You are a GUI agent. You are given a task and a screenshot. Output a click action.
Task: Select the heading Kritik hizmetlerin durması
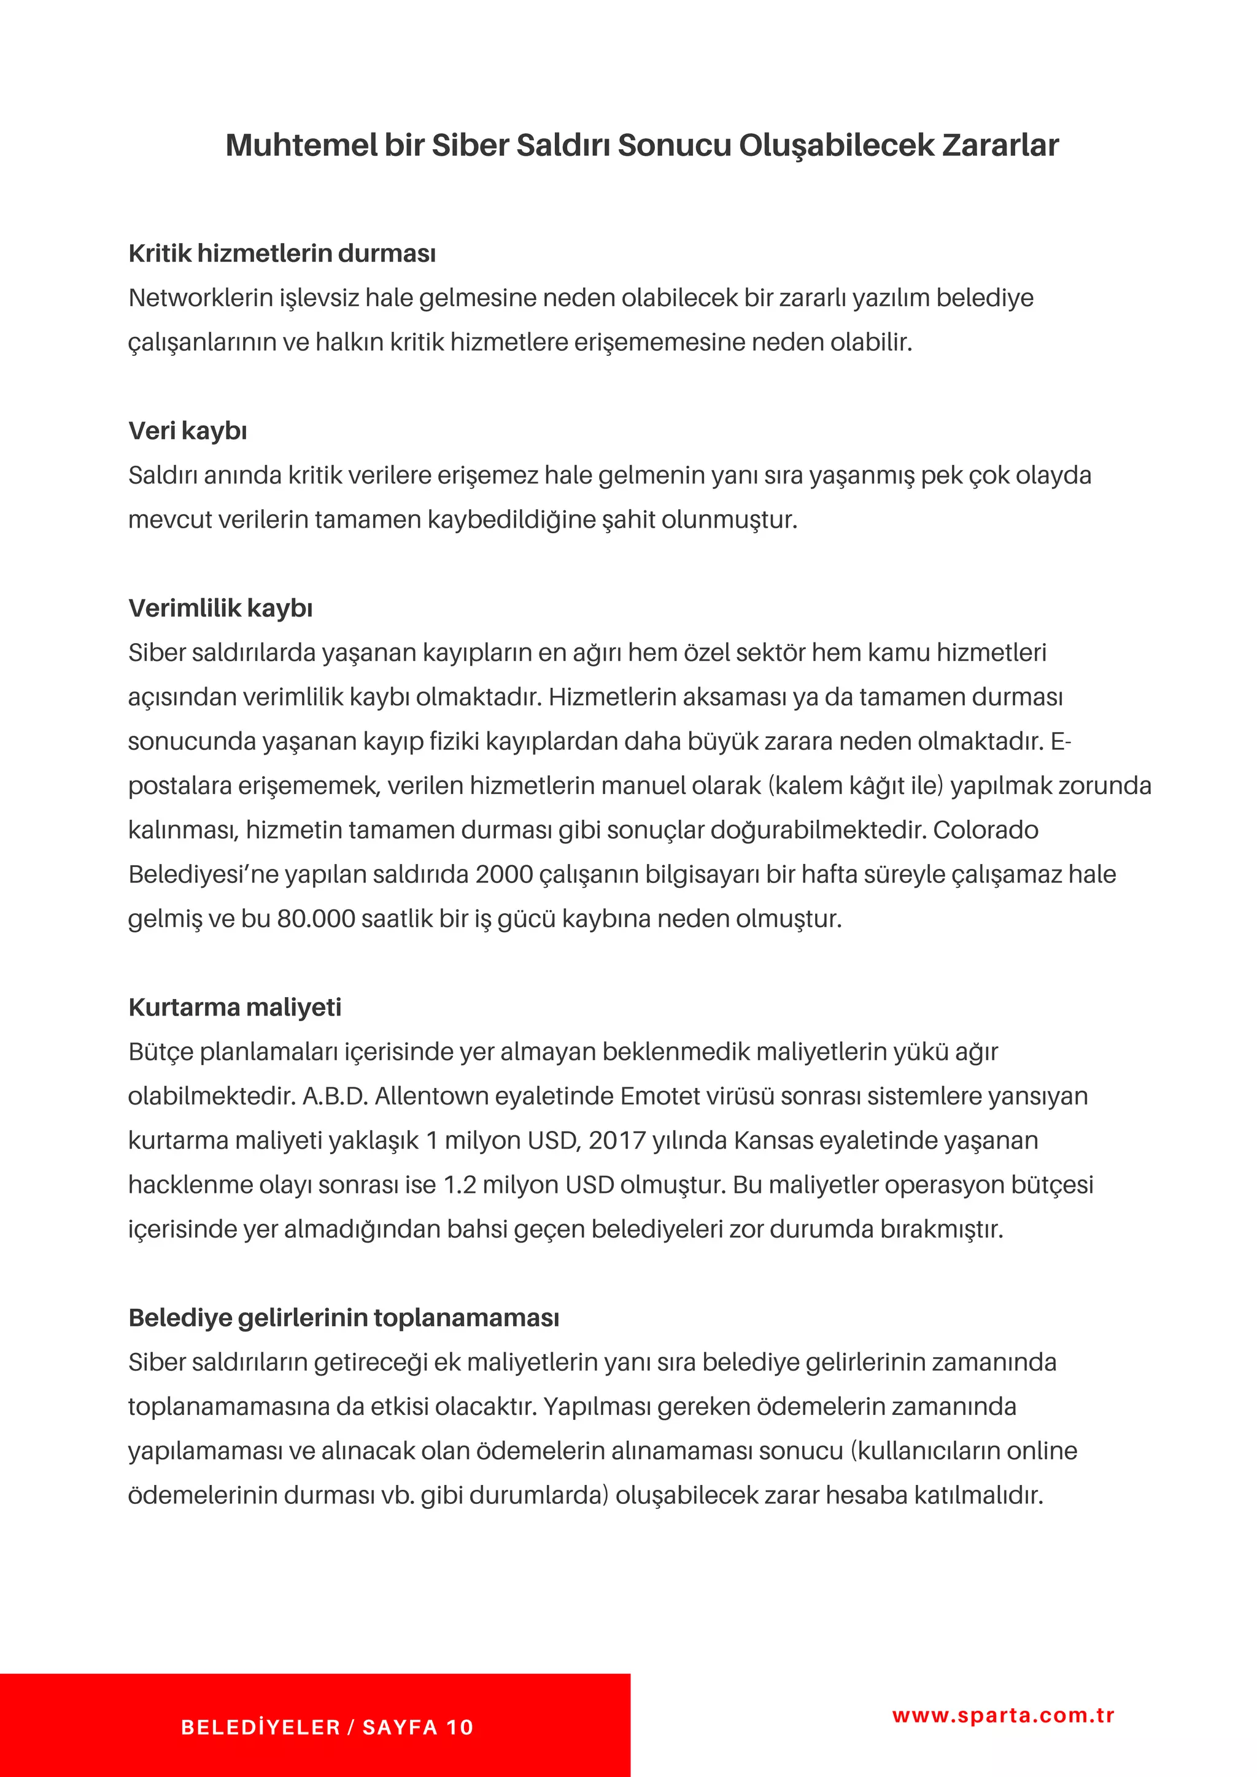coord(282,253)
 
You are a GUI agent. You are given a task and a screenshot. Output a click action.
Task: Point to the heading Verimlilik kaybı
coord(220,607)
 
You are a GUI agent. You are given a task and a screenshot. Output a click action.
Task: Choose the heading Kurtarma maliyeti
coord(234,1007)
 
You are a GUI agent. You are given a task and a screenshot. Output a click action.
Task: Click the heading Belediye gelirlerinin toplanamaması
coord(344,1317)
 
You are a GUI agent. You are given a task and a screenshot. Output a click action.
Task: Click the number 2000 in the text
coord(504,874)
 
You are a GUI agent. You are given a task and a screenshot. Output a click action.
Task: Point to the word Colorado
coord(985,830)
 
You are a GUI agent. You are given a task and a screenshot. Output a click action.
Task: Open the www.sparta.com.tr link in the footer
coord(1003,1715)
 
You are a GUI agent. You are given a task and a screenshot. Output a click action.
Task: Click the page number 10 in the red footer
coord(460,1727)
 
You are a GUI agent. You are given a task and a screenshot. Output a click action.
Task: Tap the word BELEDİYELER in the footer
coord(261,1727)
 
